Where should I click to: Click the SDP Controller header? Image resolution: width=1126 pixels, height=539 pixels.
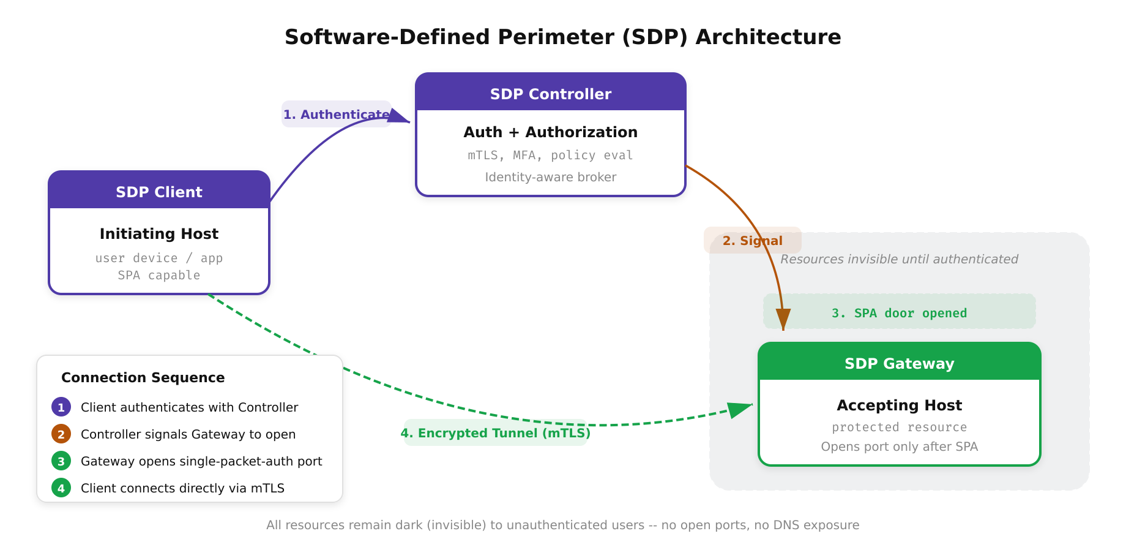pyautogui.click(x=550, y=94)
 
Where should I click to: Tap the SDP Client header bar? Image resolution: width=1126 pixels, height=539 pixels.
pyautogui.click(x=159, y=192)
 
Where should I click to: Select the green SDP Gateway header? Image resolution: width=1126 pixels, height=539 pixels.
pyautogui.click(x=899, y=363)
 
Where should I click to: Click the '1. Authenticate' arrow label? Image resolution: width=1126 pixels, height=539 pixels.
pyautogui.click(x=336, y=115)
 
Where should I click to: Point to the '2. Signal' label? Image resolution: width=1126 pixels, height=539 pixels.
pyautogui.click(x=752, y=241)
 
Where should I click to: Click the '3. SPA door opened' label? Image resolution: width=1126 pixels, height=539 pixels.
pyautogui.click(x=899, y=313)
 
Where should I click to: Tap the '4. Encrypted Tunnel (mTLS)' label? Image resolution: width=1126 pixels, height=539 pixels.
pyautogui.click(x=495, y=433)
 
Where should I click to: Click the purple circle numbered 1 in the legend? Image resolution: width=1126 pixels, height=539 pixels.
pyautogui.click(x=61, y=407)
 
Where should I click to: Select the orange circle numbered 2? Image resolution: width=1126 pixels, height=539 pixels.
pyautogui.click(x=61, y=434)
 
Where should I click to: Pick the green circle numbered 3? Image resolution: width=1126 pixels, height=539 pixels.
pyautogui.click(x=61, y=461)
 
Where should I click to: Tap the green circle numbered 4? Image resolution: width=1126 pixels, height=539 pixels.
pyautogui.click(x=61, y=488)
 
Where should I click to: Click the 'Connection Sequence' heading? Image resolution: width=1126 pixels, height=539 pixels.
pyautogui.click(x=143, y=377)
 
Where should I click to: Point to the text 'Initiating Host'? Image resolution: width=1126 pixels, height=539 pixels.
pyautogui.click(x=159, y=233)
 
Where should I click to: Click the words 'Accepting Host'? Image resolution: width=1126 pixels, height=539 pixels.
pyautogui.click(x=899, y=405)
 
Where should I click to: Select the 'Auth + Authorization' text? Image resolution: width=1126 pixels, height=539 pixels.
pyautogui.click(x=550, y=132)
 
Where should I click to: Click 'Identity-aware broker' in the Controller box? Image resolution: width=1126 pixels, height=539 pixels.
pyautogui.click(x=550, y=177)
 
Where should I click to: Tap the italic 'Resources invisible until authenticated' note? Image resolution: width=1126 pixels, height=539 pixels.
pyautogui.click(x=899, y=259)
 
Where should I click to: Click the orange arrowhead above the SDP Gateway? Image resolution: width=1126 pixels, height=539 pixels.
pyautogui.click(x=783, y=319)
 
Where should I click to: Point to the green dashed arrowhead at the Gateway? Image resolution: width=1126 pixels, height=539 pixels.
pyautogui.click(x=740, y=409)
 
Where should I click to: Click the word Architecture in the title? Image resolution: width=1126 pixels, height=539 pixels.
pyautogui.click(x=768, y=37)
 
